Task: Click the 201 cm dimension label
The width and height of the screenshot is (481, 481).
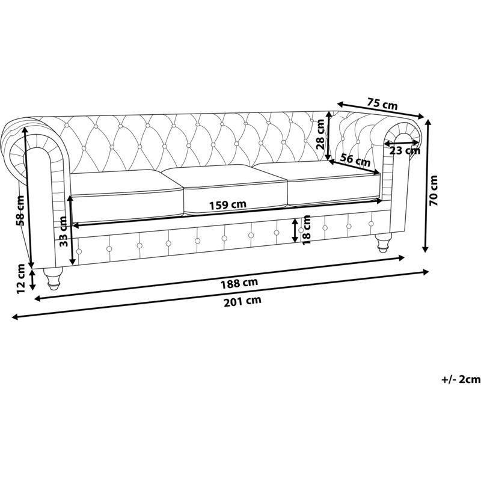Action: (x=242, y=301)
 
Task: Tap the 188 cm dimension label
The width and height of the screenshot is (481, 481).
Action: (x=239, y=283)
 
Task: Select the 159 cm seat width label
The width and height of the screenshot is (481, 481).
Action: (x=228, y=204)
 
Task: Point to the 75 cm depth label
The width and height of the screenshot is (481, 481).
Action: (x=382, y=103)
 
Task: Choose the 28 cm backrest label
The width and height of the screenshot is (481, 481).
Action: (x=320, y=134)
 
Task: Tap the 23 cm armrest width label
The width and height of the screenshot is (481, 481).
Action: (x=405, y=151)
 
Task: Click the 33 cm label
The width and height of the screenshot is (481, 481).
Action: (x=63, y=231)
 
